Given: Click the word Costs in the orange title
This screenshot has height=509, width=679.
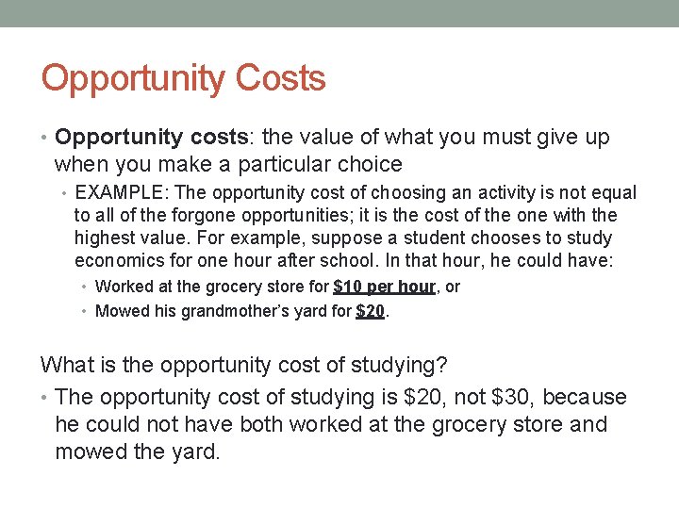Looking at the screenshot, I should click(x=281, y=77).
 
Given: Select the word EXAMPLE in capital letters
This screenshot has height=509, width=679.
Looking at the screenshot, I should click(x=117, y=193).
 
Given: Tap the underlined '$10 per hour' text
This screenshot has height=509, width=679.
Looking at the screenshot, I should click(x=384, y=287).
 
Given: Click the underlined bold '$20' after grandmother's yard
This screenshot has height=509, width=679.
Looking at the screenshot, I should click(x=370, y=311).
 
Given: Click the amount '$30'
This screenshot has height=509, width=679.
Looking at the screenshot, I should click(x=513, y=398).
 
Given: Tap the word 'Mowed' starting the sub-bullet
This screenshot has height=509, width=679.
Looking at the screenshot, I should click(x=122, y=311).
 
